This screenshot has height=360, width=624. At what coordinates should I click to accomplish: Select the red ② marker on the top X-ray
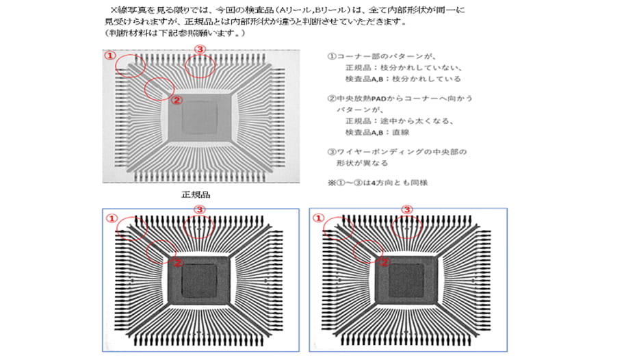click(x=175, y=99)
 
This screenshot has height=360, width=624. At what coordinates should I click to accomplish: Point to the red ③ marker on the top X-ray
click(x=200, y=49)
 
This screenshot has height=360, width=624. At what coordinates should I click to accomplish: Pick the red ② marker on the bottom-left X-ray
click(x=177, y=261)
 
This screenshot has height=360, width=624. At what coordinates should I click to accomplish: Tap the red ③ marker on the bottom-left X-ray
click(x=200, y=209)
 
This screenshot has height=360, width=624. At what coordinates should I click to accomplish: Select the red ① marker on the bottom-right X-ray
click(x=318, y=218)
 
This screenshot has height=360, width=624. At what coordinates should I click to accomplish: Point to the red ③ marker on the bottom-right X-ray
click(x=406, y=209)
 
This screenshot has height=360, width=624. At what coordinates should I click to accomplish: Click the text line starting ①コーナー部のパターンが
click(x=381, y=56)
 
